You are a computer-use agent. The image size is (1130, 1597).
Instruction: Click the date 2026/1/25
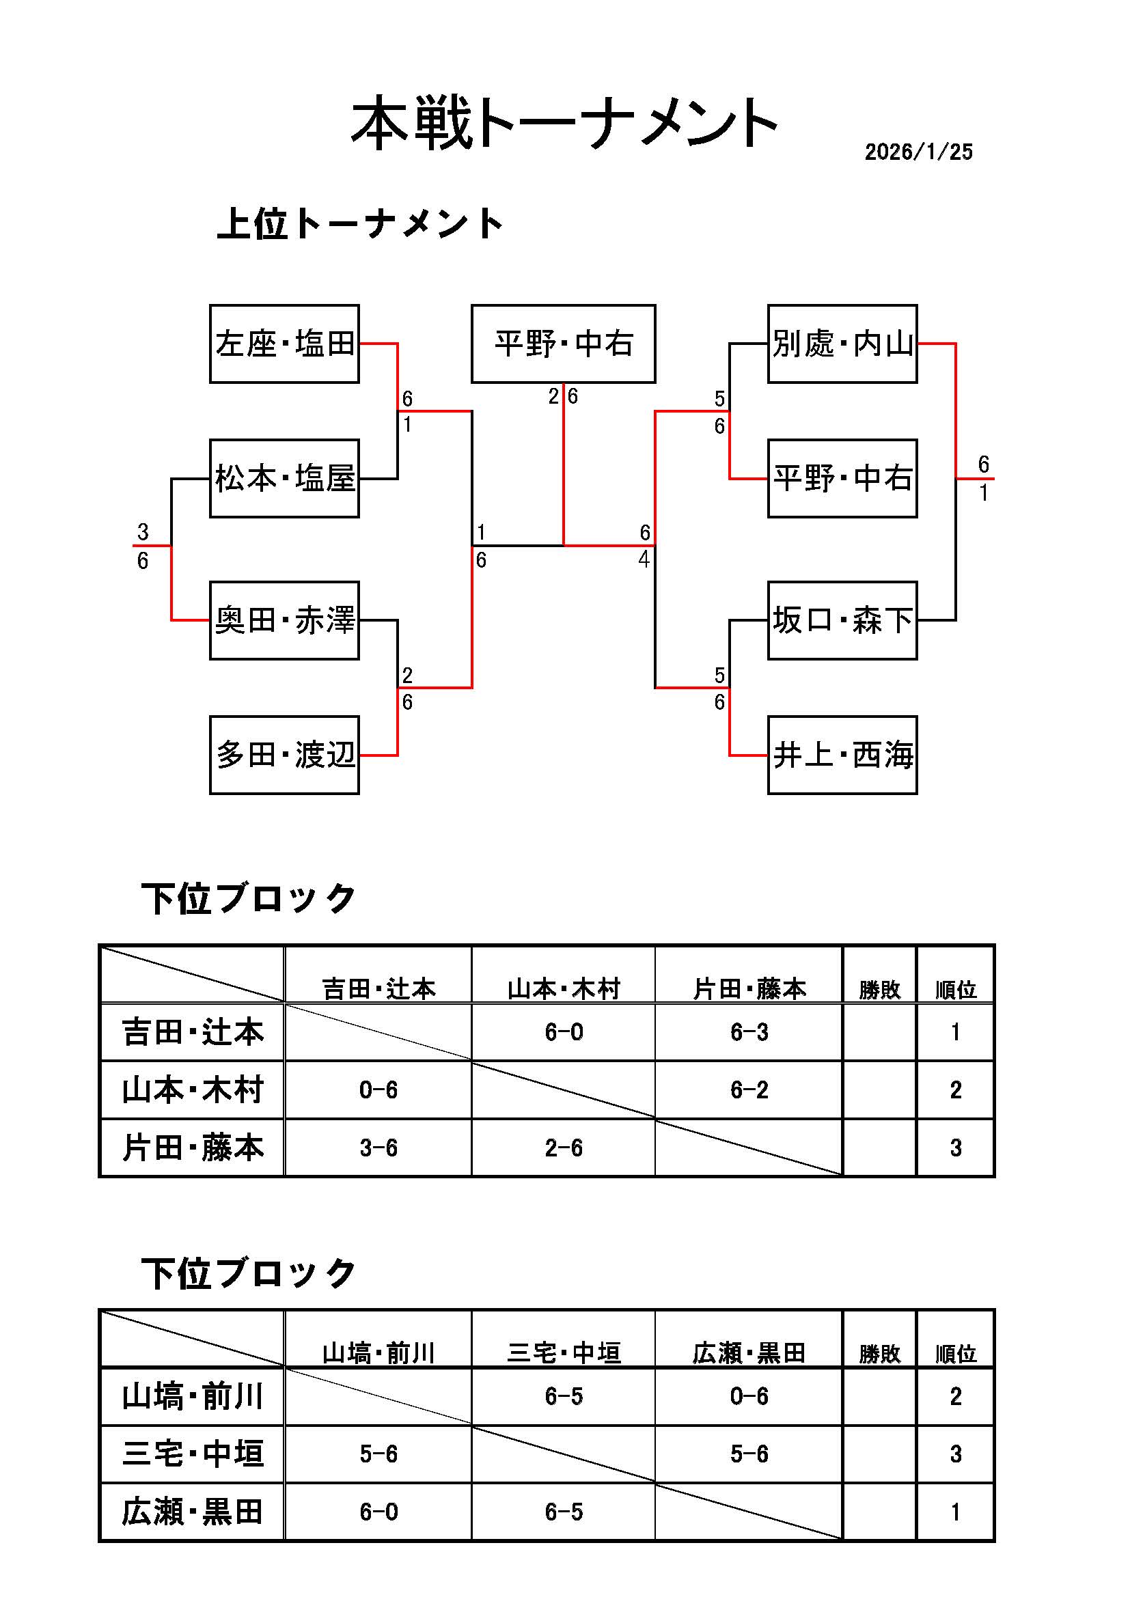pos(918,152)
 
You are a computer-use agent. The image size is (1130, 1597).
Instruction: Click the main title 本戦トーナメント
pos(564,124)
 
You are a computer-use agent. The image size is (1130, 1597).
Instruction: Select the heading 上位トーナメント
pos(360,224)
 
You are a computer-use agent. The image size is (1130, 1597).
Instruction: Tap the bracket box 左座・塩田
pos(285,344)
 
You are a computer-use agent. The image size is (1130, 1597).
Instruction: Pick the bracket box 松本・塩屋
pos(285,479)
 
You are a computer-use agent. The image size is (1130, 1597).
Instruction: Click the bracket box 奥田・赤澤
pos(285,620)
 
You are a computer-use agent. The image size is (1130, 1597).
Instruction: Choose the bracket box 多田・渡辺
pos(285,755)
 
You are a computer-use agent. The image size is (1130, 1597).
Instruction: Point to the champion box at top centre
pos(564,344)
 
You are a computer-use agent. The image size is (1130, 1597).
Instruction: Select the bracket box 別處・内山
pos(842,344)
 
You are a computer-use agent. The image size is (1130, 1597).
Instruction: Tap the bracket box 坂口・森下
pos(842,620)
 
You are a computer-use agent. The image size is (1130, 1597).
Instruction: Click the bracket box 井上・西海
pos(842,755)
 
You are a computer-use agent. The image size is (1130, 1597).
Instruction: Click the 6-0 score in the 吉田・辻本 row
pos(564,1032)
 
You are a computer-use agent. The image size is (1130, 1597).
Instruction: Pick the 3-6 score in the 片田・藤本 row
pos(378,1148)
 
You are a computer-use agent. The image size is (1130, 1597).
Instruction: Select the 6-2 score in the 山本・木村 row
pos(749,1090)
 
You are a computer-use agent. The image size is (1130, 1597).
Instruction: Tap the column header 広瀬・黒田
pos(749,1353)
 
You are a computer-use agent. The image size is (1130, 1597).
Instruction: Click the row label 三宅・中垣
pos(193,1454)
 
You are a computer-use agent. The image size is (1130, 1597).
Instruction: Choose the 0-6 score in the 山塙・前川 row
pos(749,1396)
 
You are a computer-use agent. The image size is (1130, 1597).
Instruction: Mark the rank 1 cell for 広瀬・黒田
pos(955,1512)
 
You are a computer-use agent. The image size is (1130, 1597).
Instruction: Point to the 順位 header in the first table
pos(955,989)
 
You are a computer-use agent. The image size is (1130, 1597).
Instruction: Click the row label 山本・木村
pos(193,1090)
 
